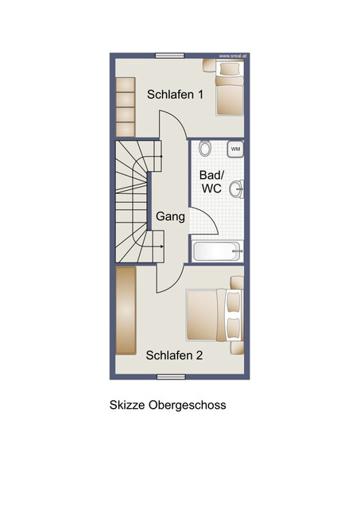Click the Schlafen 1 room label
tap(175, 95)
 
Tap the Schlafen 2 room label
tap(174, 356)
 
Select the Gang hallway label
tap(170, 217)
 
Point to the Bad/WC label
tap(211, 181)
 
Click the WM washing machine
tap(235, 149)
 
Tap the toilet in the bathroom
tap(205, 148)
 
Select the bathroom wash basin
tap(237, 188)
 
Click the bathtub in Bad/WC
tap(217, 251)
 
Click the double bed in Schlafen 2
tap(215, 315)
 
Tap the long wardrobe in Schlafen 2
tap(126, 311)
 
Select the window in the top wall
tap(169, 56)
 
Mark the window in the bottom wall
tap(171, 376)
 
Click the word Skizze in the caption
tap(127, 405)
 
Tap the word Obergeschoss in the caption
tap(187, 406)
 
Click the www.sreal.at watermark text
tap(233, 56)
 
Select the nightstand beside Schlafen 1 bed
tap(209, 65)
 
